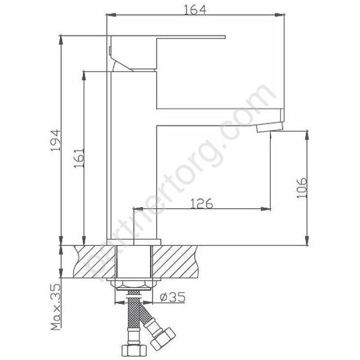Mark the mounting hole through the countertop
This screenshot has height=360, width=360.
[x=133, y=262]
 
